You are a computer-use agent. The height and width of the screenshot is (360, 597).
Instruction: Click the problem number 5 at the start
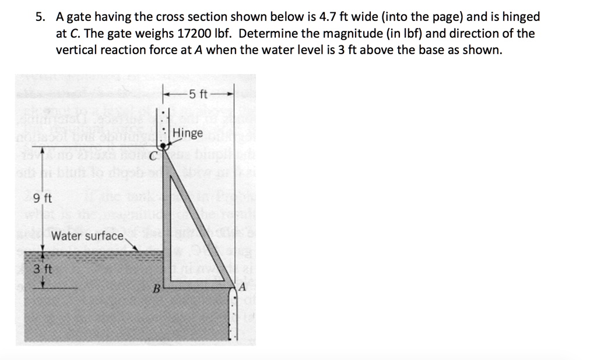38,17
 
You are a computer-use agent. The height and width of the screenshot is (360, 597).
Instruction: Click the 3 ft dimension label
42,269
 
